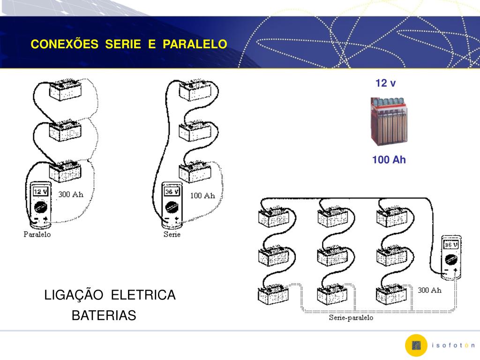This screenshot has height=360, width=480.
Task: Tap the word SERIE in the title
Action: [123, 44]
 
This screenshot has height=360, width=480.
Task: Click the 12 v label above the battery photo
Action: [385, 83]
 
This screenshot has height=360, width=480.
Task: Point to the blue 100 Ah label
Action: [389, 160]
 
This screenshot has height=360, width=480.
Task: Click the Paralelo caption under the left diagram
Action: [37, 234]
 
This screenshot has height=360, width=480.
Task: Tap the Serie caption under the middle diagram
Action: [172, 234]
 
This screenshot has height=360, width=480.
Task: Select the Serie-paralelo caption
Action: [351, 318]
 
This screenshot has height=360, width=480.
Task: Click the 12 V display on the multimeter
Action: [40, 191]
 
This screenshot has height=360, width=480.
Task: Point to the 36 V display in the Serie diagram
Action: [171, 191]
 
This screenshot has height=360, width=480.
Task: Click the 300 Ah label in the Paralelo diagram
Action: [71, 195]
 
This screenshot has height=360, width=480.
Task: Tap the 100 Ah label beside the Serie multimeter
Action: [202, 195]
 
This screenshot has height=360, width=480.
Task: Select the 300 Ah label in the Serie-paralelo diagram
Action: [429, 290]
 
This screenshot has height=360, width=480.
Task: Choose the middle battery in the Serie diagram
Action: [195, 131]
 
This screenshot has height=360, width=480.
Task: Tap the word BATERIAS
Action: [104, 316]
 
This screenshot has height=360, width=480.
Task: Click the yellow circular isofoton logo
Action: [416, 345]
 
